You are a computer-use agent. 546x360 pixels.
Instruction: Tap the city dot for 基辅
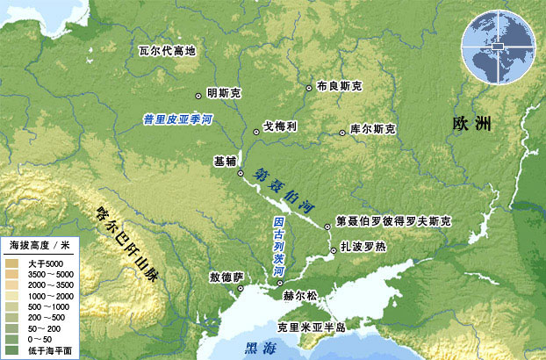[241, 174]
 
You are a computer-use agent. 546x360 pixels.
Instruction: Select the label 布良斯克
[340, 86]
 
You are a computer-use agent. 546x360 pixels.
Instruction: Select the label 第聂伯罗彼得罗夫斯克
[393, 222]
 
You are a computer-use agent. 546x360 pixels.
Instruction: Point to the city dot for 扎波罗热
[333, 252]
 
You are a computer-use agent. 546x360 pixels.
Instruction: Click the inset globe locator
[501, 42]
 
